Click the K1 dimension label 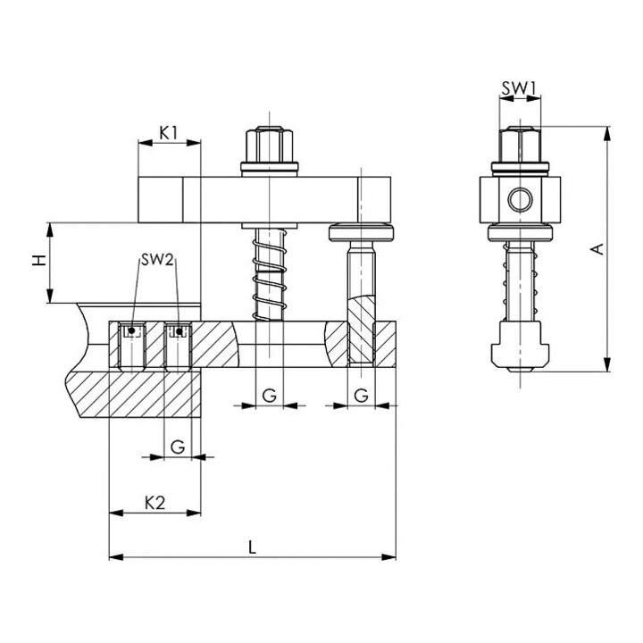point(168,132)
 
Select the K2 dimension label point(154,503)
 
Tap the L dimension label point(252,547)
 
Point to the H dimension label point(39,260)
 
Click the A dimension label point(598,248)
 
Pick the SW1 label point(520,88)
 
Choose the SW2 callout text point(157,260)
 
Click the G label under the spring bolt point(269,396)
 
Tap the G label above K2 point(178,447)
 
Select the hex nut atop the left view point(269,145)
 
